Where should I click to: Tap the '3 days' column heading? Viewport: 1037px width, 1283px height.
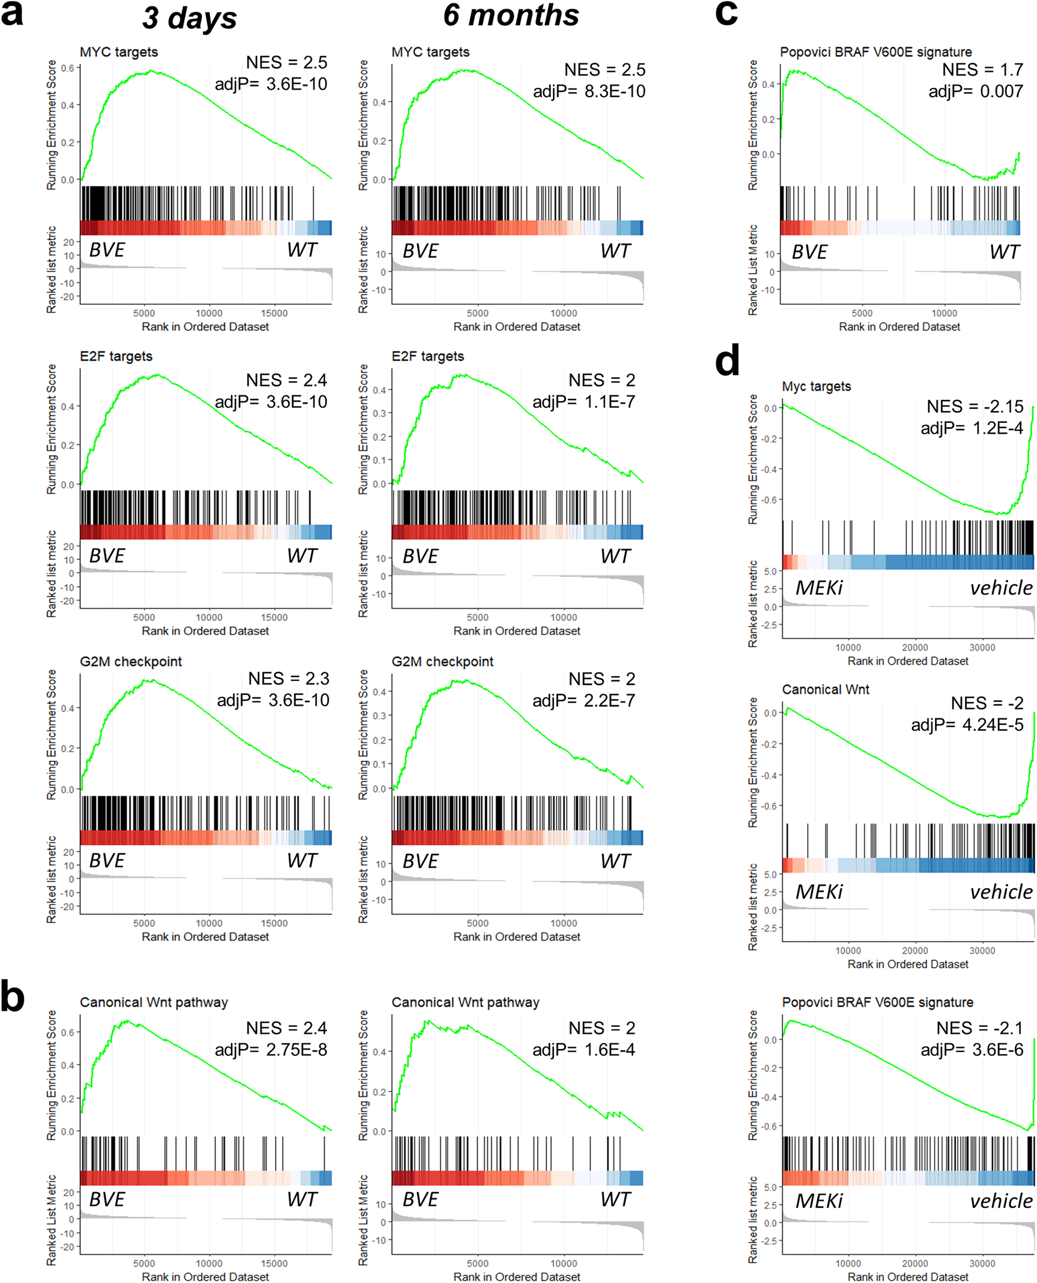[189, 18]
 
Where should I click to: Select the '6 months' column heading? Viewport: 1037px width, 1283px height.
[511, 16]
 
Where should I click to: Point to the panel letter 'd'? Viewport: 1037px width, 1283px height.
[727, 360]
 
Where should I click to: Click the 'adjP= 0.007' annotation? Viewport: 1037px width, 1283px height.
[975, 91]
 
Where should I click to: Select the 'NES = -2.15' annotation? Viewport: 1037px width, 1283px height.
[975, 406]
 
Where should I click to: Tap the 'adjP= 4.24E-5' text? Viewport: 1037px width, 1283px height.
[966, 725]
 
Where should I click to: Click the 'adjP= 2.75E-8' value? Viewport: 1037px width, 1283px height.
[271, 1049]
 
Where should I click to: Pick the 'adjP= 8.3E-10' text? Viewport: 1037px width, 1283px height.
[589, 91]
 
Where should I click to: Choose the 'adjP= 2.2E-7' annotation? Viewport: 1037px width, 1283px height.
[584, 700]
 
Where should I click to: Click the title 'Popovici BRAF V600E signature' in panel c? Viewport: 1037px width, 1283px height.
[876, 52]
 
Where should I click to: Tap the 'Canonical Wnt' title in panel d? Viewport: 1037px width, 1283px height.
[825, 689]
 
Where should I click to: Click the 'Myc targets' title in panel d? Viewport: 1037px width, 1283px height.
[816, 386]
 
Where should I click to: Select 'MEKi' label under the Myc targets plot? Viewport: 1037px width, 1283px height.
[818, 588]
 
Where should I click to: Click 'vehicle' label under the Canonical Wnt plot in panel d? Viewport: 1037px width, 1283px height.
[1001, 892]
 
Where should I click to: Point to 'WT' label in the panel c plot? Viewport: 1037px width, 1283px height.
[1004, 252]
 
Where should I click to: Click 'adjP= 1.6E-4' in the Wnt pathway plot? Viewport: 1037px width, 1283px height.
[584, 1049]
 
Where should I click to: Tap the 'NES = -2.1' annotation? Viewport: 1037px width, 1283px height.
[979, 1027]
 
